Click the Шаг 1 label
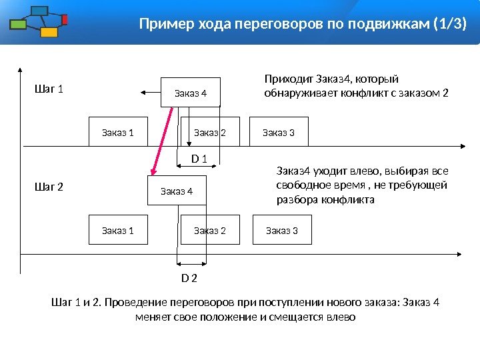(x=48, y=89)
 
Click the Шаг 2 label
(x=48, y=187)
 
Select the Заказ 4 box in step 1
(x=191, y=93)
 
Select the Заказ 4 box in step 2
(x=177, y=191)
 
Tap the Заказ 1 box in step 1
(x=118, y=132)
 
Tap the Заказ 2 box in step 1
(x=210, y=132)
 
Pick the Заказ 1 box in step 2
(x=118, y=230)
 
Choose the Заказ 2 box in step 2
(x=210, y=230)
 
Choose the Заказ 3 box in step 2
(x=281, y=230)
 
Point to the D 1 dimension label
(x=199, y=159)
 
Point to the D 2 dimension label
(x=189, y=277)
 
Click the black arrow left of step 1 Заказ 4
(x=150, y=93)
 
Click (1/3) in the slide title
(x=449, y=25)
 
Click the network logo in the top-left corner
(x=39, y=21)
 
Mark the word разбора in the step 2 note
(x=295, y=199)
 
